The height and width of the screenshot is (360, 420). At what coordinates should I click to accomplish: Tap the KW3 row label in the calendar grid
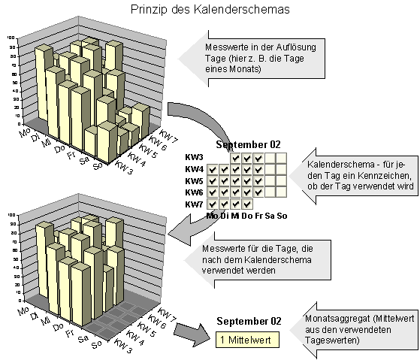(x=194, y=158)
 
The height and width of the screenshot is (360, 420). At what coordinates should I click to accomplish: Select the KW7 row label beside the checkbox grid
(x=194, y=204)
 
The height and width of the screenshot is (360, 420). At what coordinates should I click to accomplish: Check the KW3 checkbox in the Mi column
(x=236, y=158)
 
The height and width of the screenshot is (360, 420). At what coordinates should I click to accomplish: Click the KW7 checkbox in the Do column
(x=247, y=204)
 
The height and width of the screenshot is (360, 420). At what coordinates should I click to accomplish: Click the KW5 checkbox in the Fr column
(x=258, y=181)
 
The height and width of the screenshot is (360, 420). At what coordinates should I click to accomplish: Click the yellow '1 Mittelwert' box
(x=246, y=340)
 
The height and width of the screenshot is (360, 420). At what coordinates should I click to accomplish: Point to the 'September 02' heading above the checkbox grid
(x=248, y=144)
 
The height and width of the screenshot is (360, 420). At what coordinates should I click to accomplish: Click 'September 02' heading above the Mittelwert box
(x=248, y=321)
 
